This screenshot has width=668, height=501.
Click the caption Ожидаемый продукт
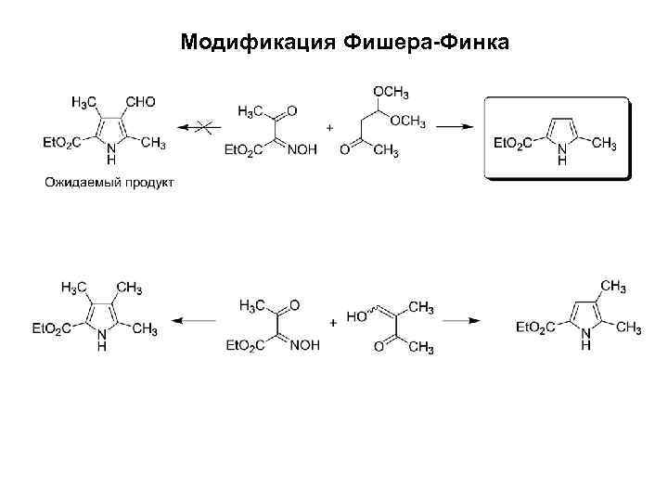click(109, 182)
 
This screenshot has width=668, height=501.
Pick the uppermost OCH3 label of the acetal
click(392, 90)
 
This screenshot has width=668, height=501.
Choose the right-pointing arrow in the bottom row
click(461, 321)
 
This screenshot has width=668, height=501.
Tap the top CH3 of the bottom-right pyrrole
click(610, 285)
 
